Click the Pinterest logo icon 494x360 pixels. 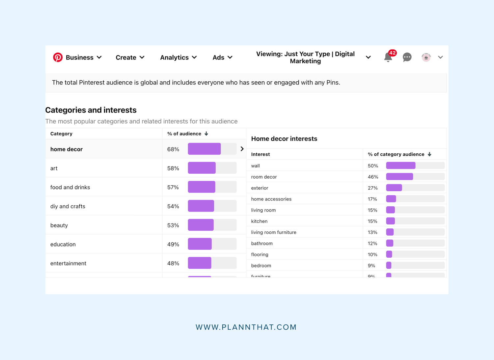[58, 57]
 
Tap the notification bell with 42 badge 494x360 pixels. [388, 58]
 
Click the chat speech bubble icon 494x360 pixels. [407, 57]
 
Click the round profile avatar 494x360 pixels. [426, 57]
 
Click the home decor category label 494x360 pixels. [67, 149]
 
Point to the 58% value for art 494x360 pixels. [173, 168]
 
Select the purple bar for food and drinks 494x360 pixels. [202, 187]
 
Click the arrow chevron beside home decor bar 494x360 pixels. [242, 149]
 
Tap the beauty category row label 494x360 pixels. [59, 225]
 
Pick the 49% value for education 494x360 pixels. [173, 244]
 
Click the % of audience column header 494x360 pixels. [184, 134]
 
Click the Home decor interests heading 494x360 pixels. [284, 139]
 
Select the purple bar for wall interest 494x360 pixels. [400, 166]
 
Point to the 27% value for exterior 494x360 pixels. [373, 188]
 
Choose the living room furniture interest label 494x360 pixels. [274, 232]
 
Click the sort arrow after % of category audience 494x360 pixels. [429, 154]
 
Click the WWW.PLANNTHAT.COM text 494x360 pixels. [246, 327]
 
